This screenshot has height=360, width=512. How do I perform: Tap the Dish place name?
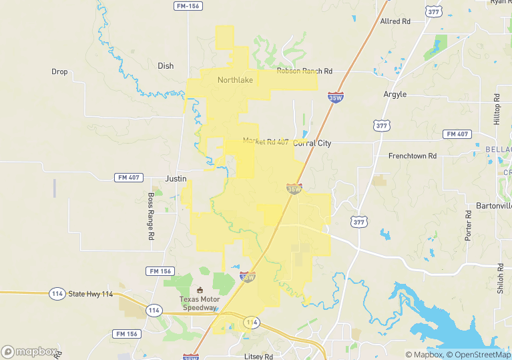pos(166,65)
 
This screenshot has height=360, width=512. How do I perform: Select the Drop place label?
pos(59,71)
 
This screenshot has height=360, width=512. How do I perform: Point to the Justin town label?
pos(176,178)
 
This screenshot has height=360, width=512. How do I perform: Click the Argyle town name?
pos(395,94)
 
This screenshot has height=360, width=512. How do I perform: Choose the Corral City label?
pos(312,143)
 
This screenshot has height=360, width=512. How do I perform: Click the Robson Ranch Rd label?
pos(304,71)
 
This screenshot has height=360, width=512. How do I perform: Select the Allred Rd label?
pos(395,21)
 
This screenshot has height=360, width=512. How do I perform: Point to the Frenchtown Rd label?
pos(413,156)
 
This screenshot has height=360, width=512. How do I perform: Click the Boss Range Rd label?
pos(151,216)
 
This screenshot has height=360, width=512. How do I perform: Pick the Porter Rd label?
pos(469,225)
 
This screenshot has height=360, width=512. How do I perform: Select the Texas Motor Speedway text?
pos(200,304)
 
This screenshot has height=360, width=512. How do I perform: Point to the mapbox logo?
pos(29,351)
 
